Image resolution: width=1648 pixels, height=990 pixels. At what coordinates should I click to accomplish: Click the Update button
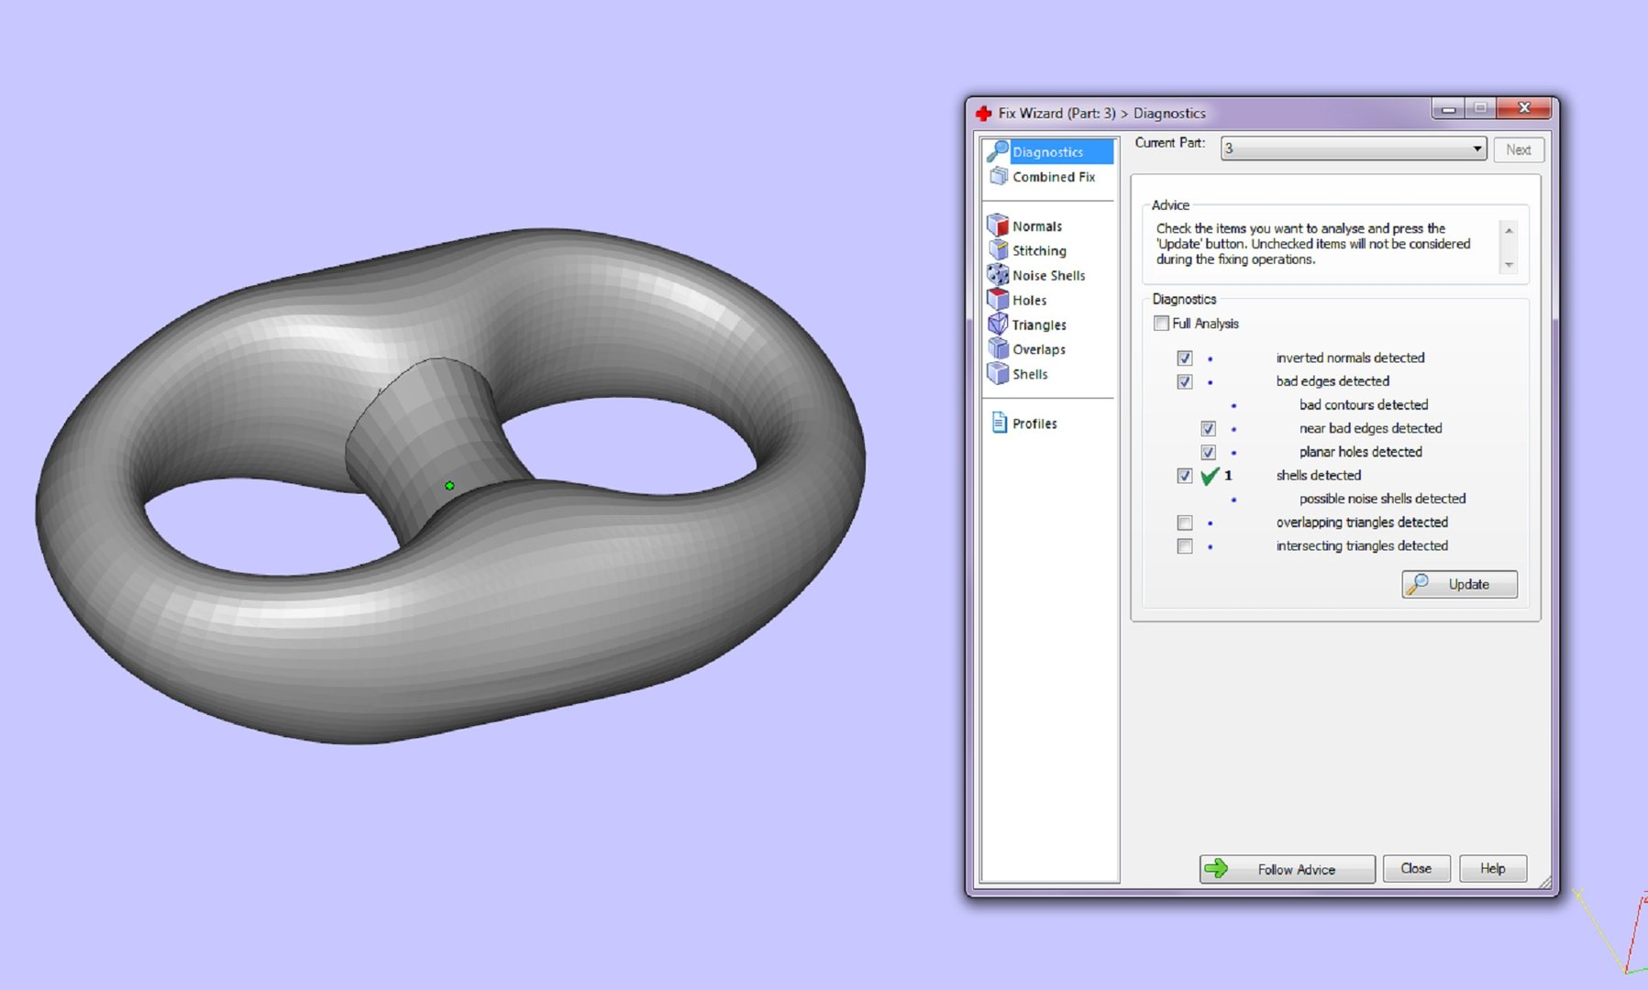(1459, 584)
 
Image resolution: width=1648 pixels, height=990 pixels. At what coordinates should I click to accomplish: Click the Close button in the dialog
(1416, 868)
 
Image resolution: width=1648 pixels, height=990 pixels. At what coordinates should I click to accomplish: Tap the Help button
(1492, 868)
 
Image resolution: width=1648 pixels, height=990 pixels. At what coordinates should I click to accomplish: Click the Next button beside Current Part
(1518, 149)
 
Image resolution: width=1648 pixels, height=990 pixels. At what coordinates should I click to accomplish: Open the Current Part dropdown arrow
(1477, 148)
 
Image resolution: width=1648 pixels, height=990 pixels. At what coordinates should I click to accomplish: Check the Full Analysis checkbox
(1162, 324)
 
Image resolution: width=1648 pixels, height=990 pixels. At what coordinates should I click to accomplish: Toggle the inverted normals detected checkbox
(1185, 358)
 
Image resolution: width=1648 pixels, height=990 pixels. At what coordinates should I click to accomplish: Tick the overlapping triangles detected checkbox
(1185, 522)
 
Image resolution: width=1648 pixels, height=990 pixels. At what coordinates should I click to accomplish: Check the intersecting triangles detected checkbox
(1185, 546)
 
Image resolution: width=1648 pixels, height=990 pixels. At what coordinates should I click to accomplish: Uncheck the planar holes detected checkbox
(1209, 452)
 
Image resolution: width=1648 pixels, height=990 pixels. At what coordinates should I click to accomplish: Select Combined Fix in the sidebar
(1053, 177)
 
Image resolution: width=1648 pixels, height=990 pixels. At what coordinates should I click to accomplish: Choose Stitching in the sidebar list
(1038, 250)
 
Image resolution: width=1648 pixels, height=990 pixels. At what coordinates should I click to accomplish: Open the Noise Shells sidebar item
(1047, 275)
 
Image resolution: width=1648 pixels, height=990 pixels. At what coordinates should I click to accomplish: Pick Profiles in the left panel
(1034, 423)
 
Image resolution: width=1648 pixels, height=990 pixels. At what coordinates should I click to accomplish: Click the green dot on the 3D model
(449, 486)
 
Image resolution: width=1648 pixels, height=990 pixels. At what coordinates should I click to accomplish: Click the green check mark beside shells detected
(1210, 476)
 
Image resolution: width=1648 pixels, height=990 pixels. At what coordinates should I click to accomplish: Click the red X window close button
(1523, 108)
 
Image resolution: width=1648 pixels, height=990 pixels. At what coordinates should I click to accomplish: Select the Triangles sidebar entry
(1038, 324)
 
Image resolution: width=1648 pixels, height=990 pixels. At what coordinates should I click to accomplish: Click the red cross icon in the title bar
(984, 114)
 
